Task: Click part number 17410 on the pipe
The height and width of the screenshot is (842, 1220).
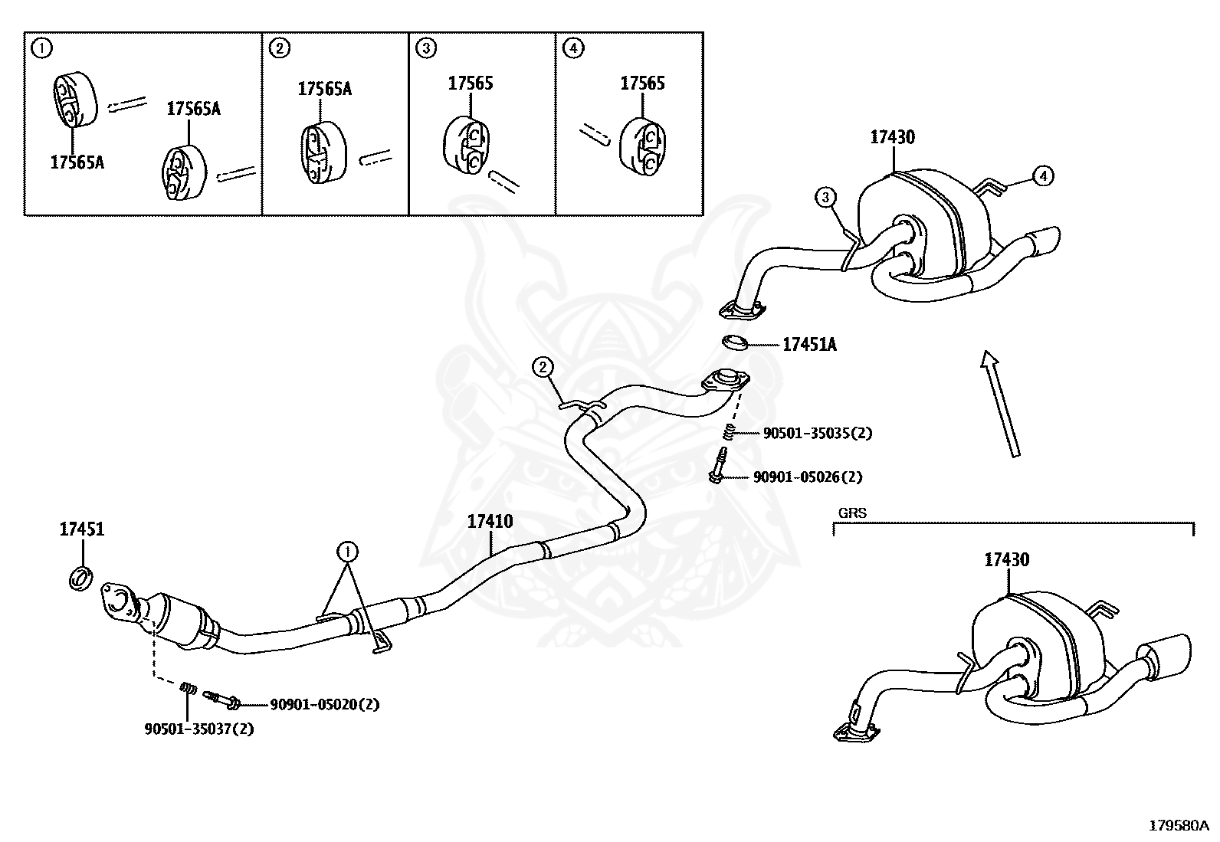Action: click(490, 522)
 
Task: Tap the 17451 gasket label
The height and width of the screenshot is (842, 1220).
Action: click(82, 529)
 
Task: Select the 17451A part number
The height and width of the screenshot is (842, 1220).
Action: click(809, 346)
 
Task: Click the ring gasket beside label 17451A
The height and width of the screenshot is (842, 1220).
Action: click(736, 341)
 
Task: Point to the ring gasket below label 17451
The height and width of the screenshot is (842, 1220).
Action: click(81, 578)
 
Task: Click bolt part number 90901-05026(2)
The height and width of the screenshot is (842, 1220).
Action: click(807, 477)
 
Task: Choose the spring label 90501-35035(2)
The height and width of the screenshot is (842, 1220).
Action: click(817, 433)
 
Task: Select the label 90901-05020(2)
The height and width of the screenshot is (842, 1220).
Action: click(323, 704)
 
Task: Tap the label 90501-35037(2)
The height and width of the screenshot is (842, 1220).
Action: click(198, 729)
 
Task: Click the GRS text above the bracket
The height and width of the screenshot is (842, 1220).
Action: click(852, 513)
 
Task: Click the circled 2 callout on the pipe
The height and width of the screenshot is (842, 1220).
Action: click(543, 368)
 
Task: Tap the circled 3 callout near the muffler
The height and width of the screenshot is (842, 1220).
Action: click(825, 198)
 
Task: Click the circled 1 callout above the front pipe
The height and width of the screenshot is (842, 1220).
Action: click(348, 550)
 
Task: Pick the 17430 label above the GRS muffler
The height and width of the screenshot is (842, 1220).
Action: click(1006, 560)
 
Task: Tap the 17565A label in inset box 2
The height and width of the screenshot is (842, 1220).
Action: click(324, 90)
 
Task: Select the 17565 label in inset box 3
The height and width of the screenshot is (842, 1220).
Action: click(471, 84)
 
